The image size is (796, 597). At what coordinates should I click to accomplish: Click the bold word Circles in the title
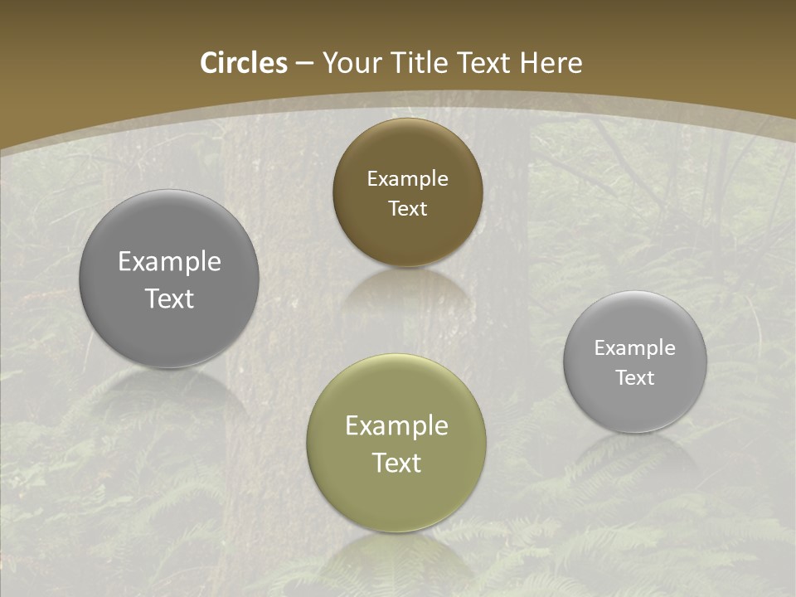pyautogui.click(x=244, y=63)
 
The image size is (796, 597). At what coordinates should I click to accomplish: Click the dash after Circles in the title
pyautogui.click(x=304, y=64)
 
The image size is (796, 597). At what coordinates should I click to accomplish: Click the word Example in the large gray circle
pyautogui.click(x=169, y=262)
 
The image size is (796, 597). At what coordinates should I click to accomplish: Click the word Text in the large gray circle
pyautogui.click(x=169, y=298)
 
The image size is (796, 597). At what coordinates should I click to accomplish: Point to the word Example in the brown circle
pyautogui.click(x=407, y=179)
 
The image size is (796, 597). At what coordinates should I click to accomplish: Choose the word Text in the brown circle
pyautogui.click(x=407, y=209)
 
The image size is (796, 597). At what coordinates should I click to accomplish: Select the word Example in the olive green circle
pyautogui.click(x=396, y=426)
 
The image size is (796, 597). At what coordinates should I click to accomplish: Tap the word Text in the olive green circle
pyautogui.click(x=396, y=463)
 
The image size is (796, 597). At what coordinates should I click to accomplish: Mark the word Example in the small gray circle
pyautogui.click(x=635, y=348)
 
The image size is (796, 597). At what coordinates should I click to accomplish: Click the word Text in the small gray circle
pyautogui.click(x=635, y=378)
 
